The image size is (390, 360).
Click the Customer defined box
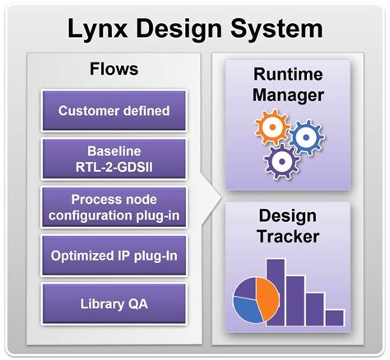[x=114, y=111]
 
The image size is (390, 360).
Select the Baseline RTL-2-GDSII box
[x=114, y=158]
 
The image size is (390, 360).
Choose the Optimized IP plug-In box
[x=114, y=255]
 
